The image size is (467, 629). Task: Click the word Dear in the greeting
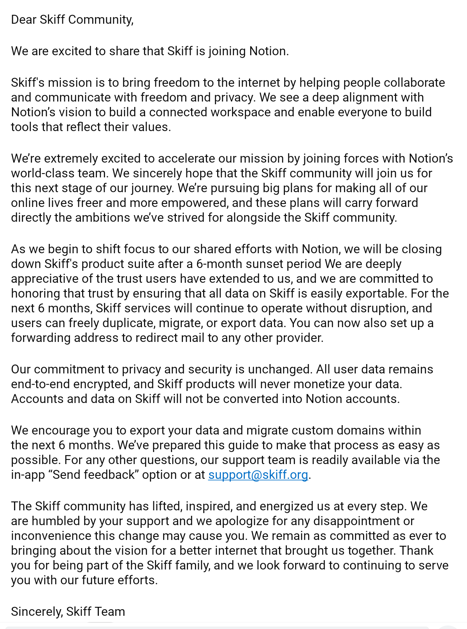point(23,19)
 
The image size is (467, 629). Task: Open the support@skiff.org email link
point(258,475)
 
